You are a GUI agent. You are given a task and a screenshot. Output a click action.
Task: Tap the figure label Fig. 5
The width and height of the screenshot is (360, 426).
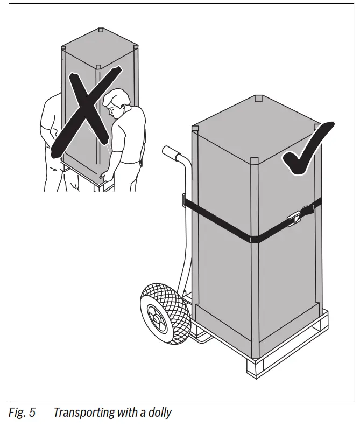click(x=22, y=413)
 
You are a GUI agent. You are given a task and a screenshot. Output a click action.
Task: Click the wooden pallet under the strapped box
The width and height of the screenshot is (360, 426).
click(x=285, y=361)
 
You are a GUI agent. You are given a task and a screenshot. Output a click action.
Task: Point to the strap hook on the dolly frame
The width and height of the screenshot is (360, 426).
click(x=184, y=200)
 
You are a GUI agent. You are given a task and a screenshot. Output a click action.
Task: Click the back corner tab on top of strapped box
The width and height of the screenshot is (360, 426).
click(x=257, y=99)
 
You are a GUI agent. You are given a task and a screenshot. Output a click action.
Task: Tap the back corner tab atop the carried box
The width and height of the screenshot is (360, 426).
click(x=101, y=30)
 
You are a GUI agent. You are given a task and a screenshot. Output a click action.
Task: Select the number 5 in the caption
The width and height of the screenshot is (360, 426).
click(x=32, y=413)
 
